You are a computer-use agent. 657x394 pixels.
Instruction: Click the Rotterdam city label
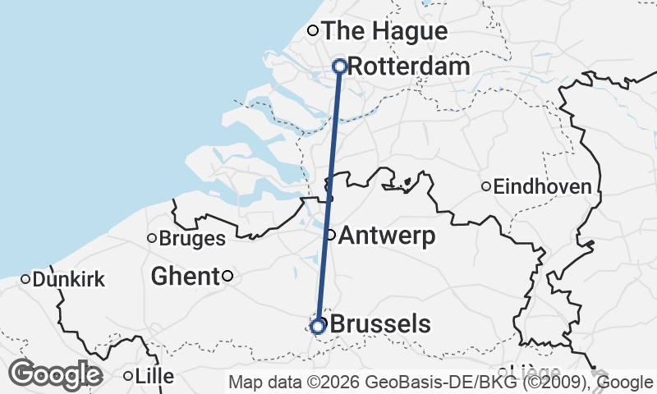pyautogui.click(x=408, y=66)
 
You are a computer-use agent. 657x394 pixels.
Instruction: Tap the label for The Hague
pyautogui.click(x=384, y=31)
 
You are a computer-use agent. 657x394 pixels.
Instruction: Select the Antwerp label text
pyautogui.click(x=386, y=236)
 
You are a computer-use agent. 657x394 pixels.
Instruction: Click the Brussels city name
pyautogui.click(x=379, y=324)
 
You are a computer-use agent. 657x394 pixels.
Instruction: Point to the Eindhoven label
pyautogui.click(x=542, y=187)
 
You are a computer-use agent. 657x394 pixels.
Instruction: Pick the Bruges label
pyautogui.click(x=191, y=239)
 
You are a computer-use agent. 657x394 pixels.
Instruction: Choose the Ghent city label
pyautogui.click(x=185, y=277)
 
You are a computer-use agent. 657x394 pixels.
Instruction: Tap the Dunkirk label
pyautogui.click(x=69, y=280)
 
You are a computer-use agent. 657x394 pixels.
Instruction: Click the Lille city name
pyautogui.click(x=155, y=377)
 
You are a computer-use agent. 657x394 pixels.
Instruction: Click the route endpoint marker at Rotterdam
pyautogui.click(x=339, y=66)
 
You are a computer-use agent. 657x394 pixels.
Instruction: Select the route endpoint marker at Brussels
pyautogui.click(x=318, y=327)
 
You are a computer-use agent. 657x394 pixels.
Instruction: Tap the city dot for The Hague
pyautogui.click(x=312, y=31)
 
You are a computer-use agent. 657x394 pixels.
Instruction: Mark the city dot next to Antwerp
pyautogui.click(x=331, y=236)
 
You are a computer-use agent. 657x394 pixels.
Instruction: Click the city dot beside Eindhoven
pyautogui.click(x=486, y=187)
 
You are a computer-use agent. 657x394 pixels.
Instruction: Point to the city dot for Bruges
pyautogui.click(x=152, y=239)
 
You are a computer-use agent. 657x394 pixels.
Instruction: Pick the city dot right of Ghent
pyautogui.click(x=228, y=277)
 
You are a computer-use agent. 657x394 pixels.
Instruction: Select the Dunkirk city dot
pyautogui.click(x=25, y=279)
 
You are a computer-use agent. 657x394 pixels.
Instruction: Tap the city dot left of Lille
pyautogui.click(x=128, y=377)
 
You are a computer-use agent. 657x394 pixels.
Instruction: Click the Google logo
pyautogui.click(x=55, y=374)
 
